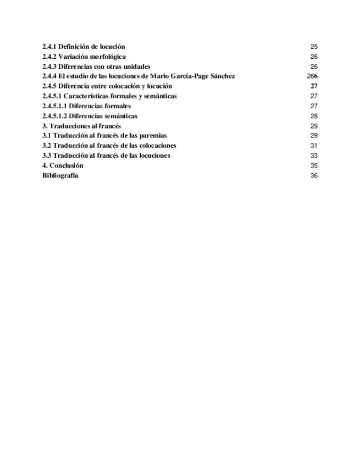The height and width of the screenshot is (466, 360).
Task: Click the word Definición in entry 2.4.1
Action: tap(75, 47)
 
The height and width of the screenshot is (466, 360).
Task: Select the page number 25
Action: tap(314, 47)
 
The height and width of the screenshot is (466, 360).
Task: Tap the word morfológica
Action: tap(108, 57)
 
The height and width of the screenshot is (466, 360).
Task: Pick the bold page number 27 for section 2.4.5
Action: tap(314, 86)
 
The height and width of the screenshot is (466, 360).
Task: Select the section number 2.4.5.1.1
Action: tap(54, 106)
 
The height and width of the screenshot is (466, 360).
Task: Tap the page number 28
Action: tap(314, 116)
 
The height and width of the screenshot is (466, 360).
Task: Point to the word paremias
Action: tap(153, 136)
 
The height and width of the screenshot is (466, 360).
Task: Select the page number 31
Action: tap(314, 146)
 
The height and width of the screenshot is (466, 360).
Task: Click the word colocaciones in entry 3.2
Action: tap(157, 146)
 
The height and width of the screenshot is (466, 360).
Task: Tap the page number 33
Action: tap(314, 156)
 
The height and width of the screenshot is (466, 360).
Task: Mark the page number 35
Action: tap(314, 165)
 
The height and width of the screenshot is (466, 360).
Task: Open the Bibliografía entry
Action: tap(60, 175)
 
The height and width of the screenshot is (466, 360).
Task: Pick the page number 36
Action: tap(314, 175)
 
